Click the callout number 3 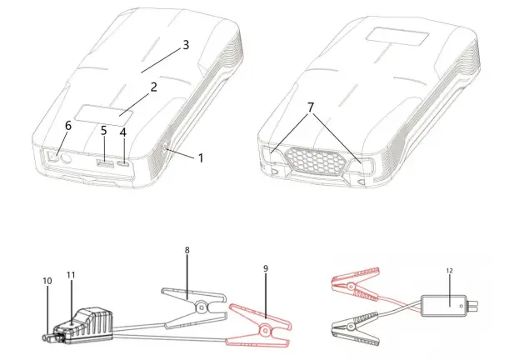[x=185, y=45]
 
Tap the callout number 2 [x=153, y=86]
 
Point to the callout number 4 [x=124, y=132]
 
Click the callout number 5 [x=104, y=131]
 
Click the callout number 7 [x=312, y=108]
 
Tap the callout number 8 [x=187, y=249]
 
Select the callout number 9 [x=265, y=268]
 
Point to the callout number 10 [x=47, y=281]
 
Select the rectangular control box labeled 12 [x=448, y=305]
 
